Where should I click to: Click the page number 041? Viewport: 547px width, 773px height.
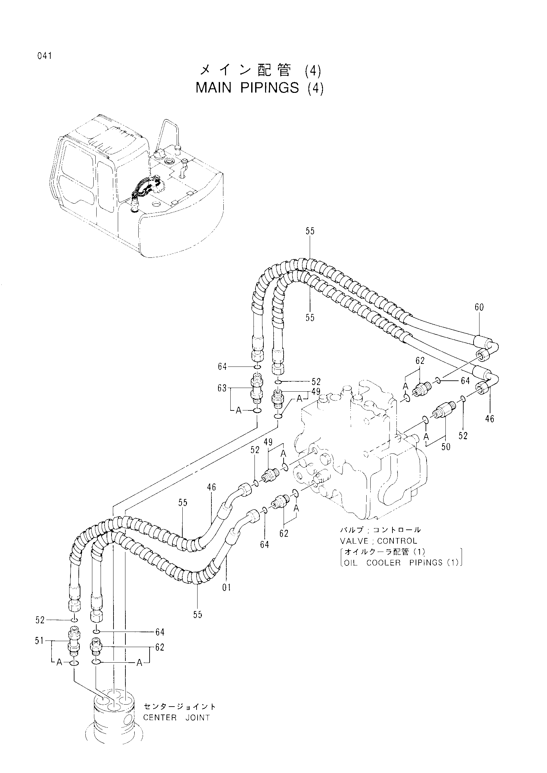pos(45,56)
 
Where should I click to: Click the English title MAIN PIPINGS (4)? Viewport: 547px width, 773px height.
pos(259,88)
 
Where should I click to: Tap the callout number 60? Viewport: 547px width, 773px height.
pos(479,307)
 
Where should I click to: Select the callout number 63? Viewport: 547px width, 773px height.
pos(222,388)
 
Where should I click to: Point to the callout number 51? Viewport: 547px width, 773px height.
pos(40,641)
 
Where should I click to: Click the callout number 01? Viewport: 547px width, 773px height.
pos(226,588)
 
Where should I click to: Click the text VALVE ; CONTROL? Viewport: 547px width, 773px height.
pos(379,541)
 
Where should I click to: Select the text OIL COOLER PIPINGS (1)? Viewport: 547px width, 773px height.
pos(401,562)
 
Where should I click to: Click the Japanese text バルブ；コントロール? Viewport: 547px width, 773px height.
pos(381,529)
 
